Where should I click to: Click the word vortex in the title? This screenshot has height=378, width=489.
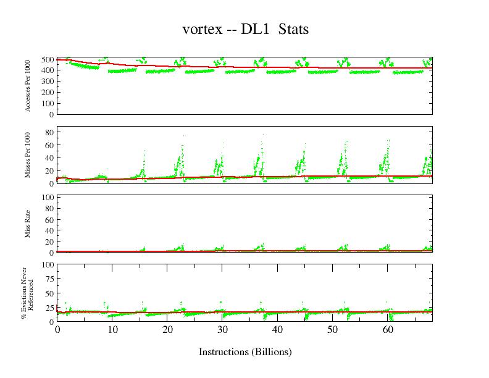click(x=201, y=30)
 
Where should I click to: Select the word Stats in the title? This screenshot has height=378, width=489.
click(x=293, y=30)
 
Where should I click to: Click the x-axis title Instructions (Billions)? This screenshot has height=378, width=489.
click(x=245, y=352)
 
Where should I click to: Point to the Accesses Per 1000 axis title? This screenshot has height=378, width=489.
click(x=28, y=86)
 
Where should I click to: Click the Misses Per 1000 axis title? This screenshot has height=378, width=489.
click(x=28, y=154)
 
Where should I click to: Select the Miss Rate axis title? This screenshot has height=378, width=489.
click(x=28, y=224)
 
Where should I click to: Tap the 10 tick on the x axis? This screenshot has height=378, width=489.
click(x=112, y=330)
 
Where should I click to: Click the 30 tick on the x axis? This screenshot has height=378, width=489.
click(x=222, y=330)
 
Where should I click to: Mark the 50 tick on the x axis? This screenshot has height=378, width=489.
click(x=332, y=330)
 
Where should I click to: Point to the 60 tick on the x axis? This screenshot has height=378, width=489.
click(x=387, y=330)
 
